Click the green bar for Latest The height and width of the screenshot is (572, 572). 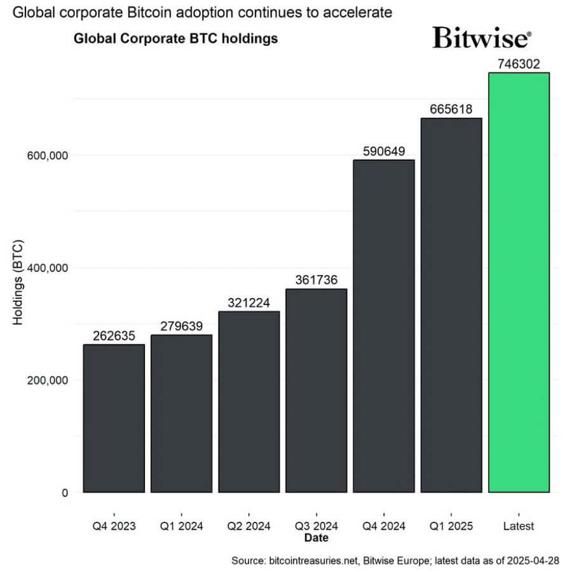[x=519, y=283]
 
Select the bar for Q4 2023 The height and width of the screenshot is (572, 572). [x=114, y=418]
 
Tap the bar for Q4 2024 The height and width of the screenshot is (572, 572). [x=384, y=326]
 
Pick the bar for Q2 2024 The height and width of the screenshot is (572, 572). [x=249, y=402]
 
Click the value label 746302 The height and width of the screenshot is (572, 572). [x=519, y=64]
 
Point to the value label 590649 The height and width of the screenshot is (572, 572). [x=384, y=151]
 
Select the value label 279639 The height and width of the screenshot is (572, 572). [x=181, y=327]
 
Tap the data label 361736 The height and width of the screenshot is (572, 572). [x=316, y=280]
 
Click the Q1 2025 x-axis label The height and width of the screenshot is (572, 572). [x=451, y=526]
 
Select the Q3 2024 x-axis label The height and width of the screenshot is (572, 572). [x=316, y=526]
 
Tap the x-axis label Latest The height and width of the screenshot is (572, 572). [x=519, y=526]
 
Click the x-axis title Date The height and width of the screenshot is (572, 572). [x=316, y=538]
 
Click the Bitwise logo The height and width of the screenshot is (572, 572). [x=481, y=37]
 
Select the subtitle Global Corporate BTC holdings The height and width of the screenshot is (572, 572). [x=176, y=39]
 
